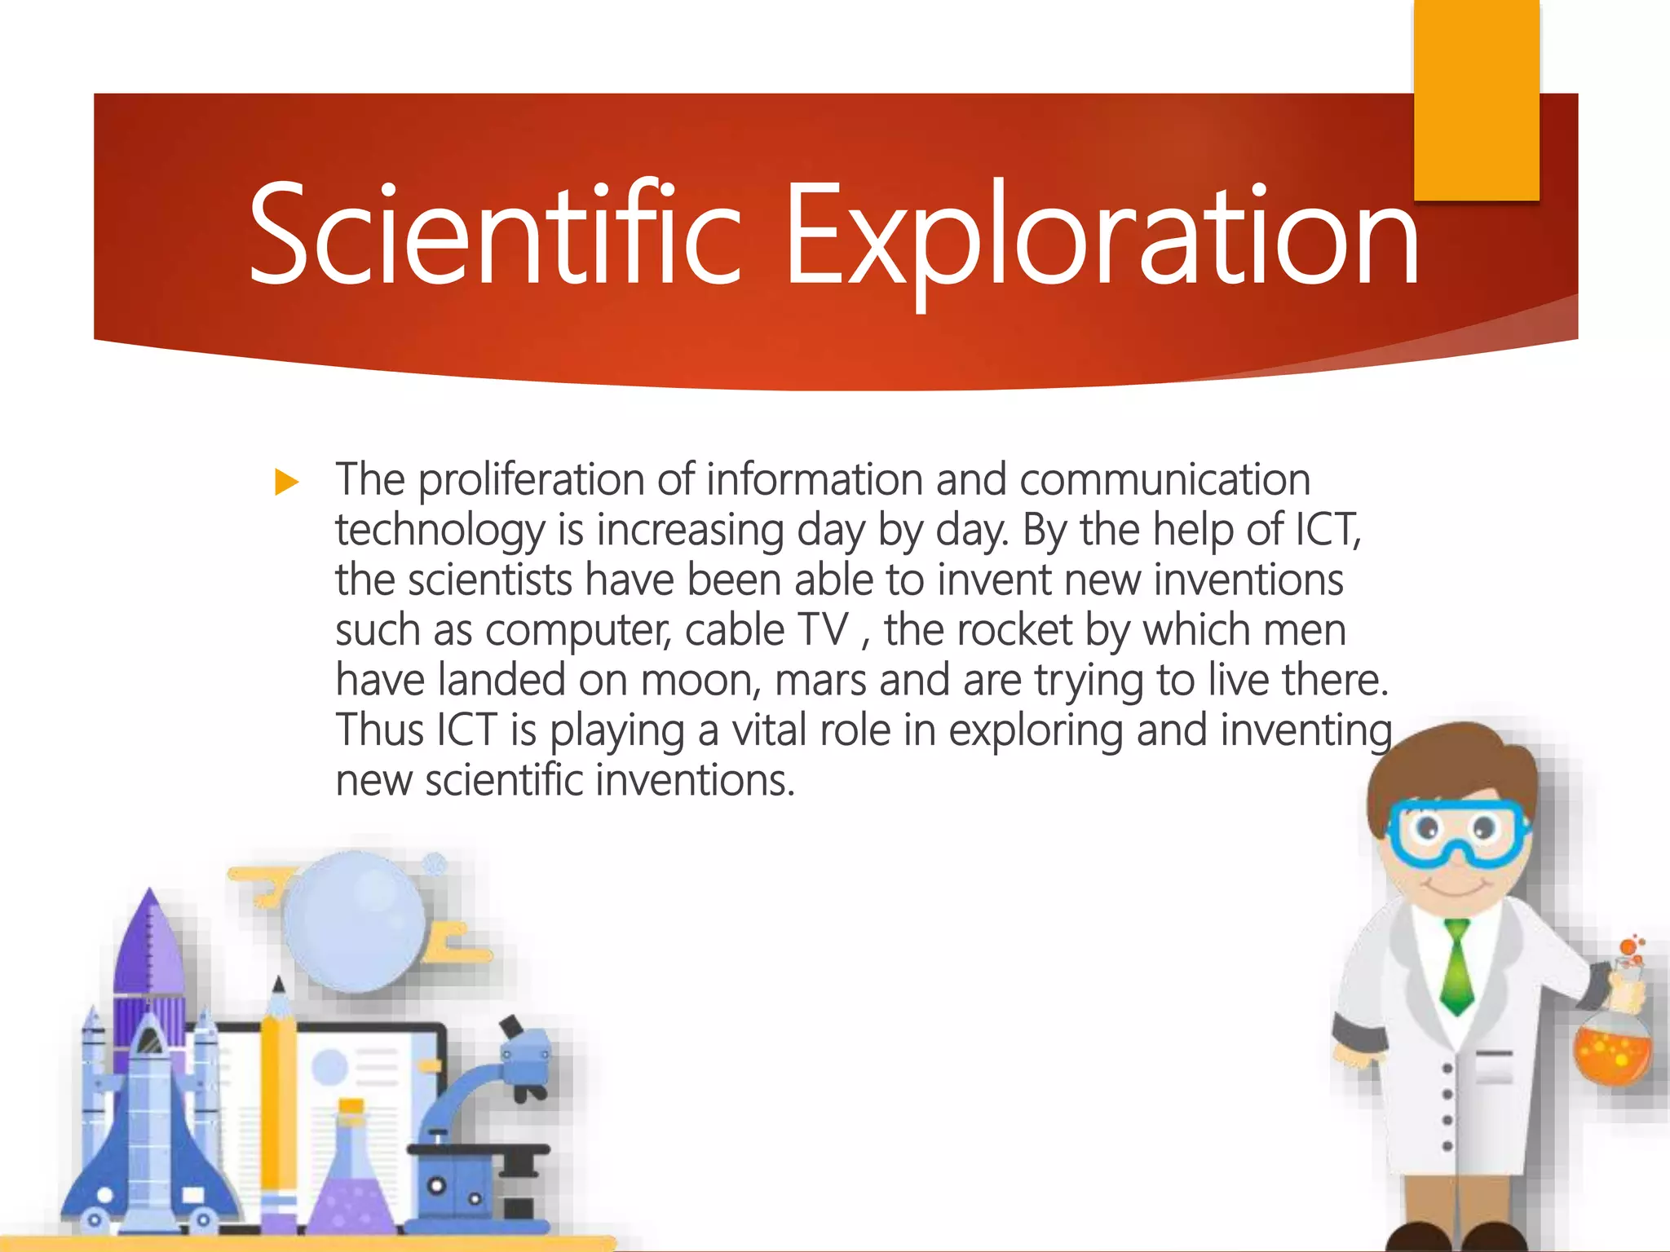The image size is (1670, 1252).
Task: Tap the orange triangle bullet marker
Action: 286,482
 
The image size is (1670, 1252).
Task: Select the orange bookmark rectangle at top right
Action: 1476,98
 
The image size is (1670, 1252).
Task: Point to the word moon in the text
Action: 700,681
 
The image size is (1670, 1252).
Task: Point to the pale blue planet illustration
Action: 355,921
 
